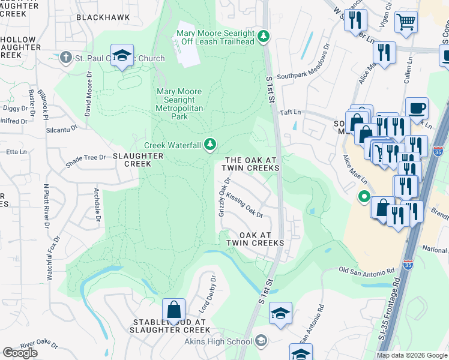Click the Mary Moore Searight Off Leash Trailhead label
click(215, 37)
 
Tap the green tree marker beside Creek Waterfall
click(209, 143)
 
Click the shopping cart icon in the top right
click(407, 22)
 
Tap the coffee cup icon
click(417, 109)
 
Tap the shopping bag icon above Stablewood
click(173, 310)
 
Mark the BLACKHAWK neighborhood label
click(103, 18)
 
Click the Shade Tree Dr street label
click(85, 158)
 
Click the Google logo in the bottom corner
click(20, 353)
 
